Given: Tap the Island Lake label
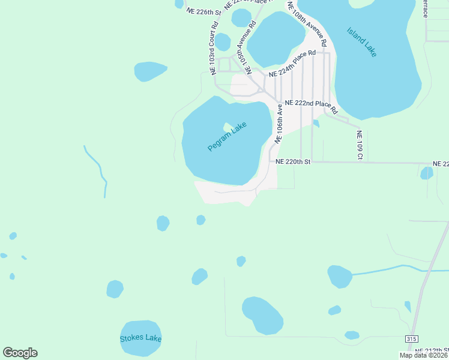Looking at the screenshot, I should coord(362,41).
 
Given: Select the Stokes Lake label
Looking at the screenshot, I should coord(141,338).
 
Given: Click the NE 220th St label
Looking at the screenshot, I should coord(293,161).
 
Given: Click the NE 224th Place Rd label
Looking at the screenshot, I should coord(292,64).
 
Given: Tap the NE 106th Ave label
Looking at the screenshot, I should coord(279,123).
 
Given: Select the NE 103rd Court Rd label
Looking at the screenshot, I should coord(214,49).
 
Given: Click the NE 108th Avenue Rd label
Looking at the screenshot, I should coord(307,24).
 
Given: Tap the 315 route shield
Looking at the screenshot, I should coord(411,339).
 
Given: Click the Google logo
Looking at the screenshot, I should coord(20,353).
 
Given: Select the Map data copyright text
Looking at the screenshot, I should coord(424,355).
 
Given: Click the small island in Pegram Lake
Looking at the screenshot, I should coord(228,127).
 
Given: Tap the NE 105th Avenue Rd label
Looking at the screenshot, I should coord(247,46).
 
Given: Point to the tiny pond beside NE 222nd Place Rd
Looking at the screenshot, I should coord(316,124).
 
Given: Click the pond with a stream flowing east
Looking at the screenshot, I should coord(339,277).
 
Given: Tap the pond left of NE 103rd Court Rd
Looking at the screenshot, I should coord(150,71).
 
